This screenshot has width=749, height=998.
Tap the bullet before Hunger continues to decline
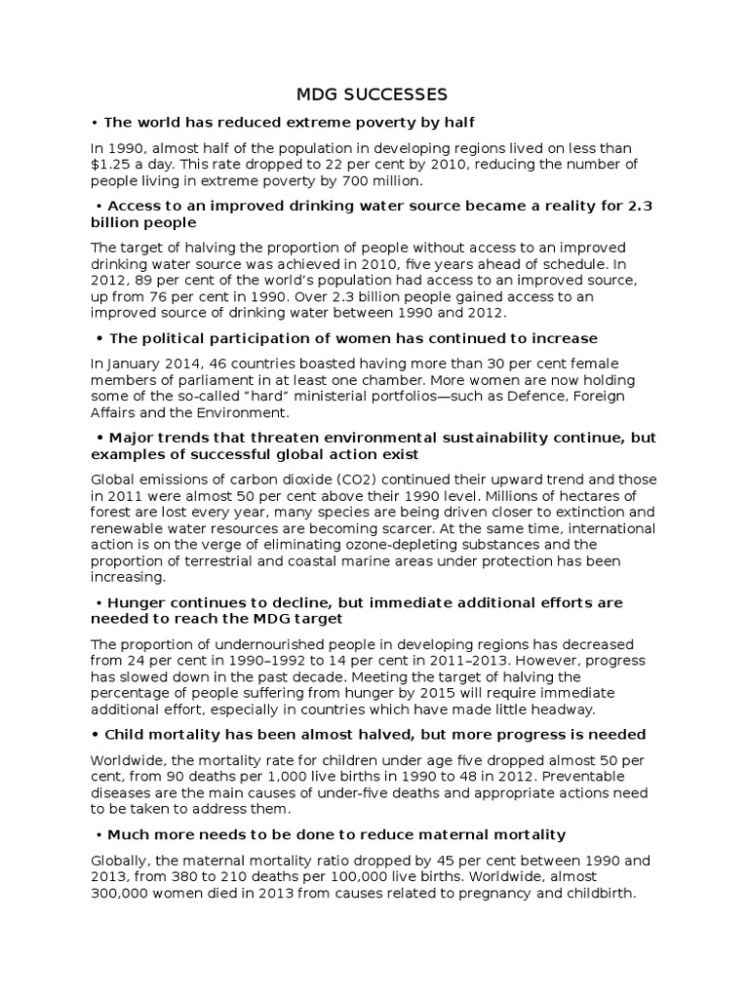pos(99,602)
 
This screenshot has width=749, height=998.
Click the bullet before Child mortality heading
pos(96,734)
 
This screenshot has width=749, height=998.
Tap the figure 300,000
pos(122,893)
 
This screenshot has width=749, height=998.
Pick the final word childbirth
pos(597,893)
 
